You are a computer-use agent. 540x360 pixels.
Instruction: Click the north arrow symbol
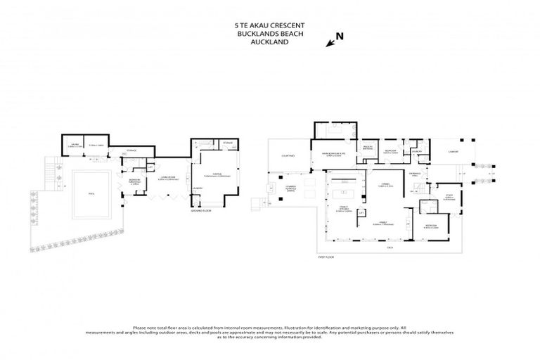(x=330, y=44)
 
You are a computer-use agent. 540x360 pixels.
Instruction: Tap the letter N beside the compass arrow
(x=340, y=35)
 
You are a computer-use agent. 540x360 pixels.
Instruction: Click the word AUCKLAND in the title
(x=270, y=41)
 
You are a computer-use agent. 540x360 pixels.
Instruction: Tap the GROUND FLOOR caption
(x=201, y=211)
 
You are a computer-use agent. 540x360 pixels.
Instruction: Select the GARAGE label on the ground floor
(x=215, y=175)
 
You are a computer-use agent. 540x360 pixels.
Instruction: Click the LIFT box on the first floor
(x=361, y=212)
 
